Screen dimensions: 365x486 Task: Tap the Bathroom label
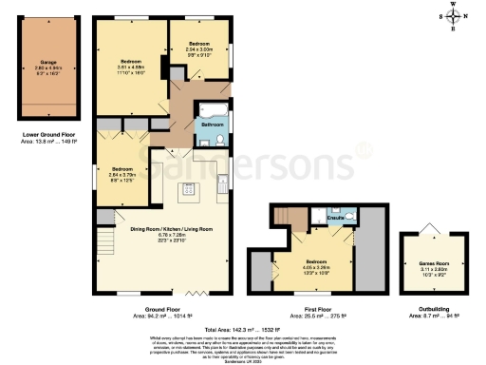(212, 125)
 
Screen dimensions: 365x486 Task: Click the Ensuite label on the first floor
(335, 219)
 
